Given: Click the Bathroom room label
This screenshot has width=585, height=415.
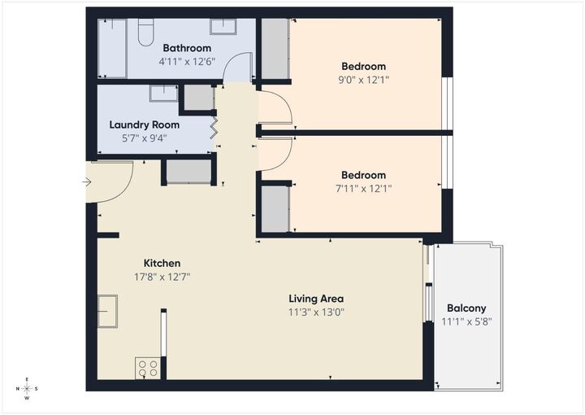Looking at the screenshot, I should pyautogui.click(x=187, y=47).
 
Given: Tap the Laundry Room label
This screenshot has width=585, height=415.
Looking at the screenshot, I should pyautogui.click(x=145, y=124).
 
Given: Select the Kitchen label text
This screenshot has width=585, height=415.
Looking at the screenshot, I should pyautogui.click(x=162, y=263).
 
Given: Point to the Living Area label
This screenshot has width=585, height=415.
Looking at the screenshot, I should pyautogui.click(x=316, y=299).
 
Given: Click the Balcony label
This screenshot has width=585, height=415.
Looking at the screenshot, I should pyautogui.click(x=466, y=308).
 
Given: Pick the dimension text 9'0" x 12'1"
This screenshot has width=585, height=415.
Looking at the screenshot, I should pyautogui.click(x=363, y=80).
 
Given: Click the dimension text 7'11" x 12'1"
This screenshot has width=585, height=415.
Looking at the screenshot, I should pyautogui.click(x=363, y=189).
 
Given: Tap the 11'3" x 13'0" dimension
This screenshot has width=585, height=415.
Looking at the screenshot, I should pyautogui.click(x=316, y=312).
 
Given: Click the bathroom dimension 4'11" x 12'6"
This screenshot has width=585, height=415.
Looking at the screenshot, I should pyautogui.click(x=187, y=60).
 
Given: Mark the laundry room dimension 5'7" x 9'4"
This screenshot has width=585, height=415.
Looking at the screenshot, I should pyautogui.click(x=145, y=138).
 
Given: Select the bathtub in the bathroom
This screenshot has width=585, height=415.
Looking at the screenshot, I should pyautogui.click(x=112, y=48).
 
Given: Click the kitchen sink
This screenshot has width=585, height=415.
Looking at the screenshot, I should pyautogui.click(x=107, y=311).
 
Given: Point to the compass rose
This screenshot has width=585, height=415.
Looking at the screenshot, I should pyautogui.click(x=27, y=389).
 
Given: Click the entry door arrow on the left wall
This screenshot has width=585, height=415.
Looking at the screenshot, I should pyautogui.click(x=87, y=181).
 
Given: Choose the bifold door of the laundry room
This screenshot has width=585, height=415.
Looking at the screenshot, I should pyautogui.click(x=214, y=127).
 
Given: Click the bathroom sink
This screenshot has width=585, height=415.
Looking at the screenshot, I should pyautogui.click(x=223, y=26).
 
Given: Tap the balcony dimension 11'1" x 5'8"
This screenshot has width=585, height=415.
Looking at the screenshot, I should pyautogui.click(x=466, y=321).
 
